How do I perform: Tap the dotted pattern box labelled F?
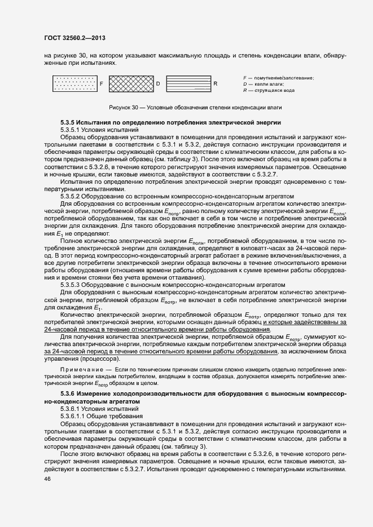coord(74,83)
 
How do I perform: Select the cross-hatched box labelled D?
coord(130,83)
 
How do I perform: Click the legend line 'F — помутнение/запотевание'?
coord(278,77)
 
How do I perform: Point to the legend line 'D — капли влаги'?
coord(263,83)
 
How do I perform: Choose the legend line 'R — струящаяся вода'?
coord(268,90)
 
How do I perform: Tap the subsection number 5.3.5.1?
coord(71,130)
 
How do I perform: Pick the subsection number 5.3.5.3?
coord(71,284)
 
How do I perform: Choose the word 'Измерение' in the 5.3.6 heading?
coord(94,407)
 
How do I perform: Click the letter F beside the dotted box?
coord(102,84)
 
